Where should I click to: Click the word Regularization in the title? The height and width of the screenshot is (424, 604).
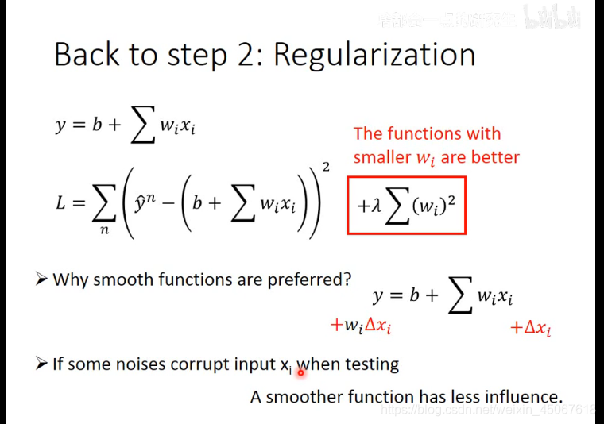click(375, 55)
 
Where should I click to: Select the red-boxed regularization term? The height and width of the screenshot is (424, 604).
click(406, 206)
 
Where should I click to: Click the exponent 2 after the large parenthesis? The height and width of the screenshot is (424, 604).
click(326, 166)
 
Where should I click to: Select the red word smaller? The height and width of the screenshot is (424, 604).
click(382, 156)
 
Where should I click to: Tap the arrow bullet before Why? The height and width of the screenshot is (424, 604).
click(43, 279)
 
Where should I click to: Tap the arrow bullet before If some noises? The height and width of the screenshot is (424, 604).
click(43, 364)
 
